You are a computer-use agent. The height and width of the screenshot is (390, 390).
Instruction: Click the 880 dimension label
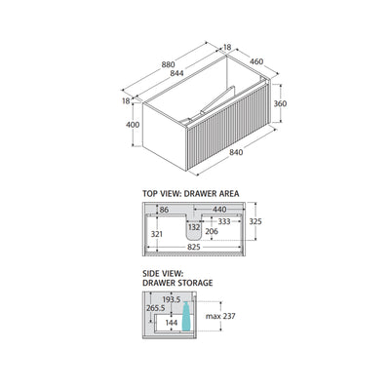pyautogui.click(x=168, y=64)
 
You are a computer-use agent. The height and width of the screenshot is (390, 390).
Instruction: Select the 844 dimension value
pyautogui.click(x=176, y=73)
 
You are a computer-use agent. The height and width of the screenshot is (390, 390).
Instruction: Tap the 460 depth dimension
pyautogui.click(x=256, y=61)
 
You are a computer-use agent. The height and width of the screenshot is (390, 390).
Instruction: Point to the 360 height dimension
pyautogui.click(x=280, y=103)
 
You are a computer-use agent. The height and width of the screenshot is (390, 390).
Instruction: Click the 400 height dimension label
pyautogui.click(x=133, y=125)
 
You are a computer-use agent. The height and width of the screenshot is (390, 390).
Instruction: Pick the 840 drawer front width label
pyautogui.click(x=236, y=152)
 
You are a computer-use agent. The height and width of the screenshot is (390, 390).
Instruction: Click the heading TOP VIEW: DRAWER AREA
pyautogui.click(x=191, y=194)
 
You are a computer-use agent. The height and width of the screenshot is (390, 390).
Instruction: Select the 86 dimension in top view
pyautogui.click(x=164, y=210)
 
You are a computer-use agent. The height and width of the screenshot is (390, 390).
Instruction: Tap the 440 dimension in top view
pyautogui.click(x=219, y=210)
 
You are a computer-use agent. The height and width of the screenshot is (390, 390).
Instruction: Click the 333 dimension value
pyautogui.click(x=224, y=221)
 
